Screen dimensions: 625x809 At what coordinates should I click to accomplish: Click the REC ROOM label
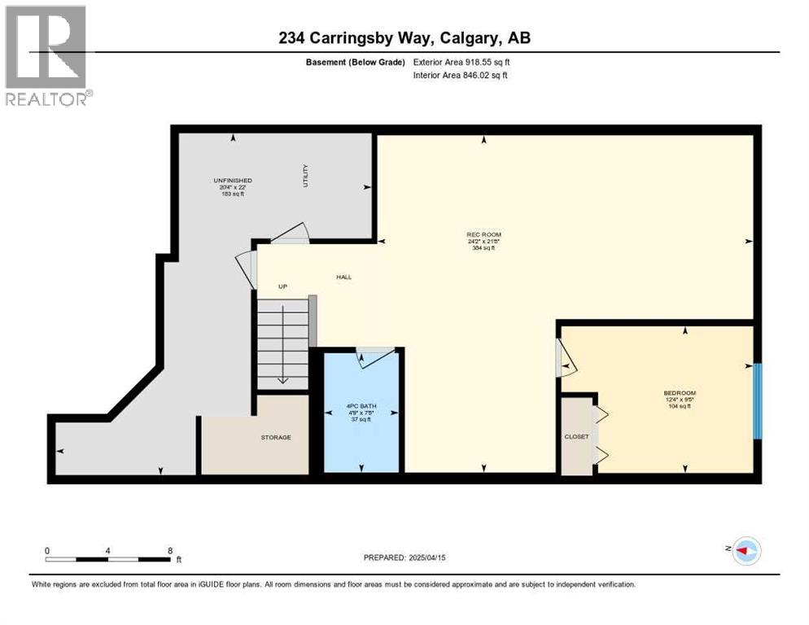pos(484,234)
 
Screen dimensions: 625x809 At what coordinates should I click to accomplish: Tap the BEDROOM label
pos(680,393)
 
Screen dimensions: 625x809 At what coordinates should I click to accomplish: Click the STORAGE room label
pos(276,438)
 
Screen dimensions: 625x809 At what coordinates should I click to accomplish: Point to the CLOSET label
pos(576,437)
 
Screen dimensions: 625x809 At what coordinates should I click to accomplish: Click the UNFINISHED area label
pos(232,180)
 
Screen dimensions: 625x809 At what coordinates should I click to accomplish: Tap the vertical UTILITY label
pos(306,175)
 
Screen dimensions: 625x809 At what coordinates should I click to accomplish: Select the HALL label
pos(344,278)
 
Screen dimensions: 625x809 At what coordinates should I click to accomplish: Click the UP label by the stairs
pos(282,286)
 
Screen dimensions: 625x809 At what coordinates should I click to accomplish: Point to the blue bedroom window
pos(757,400)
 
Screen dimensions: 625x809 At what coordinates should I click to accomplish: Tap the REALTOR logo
pos(46,55)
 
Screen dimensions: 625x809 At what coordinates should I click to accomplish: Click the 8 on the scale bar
pos(170,550)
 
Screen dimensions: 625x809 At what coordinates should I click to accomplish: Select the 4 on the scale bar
pos(108,550)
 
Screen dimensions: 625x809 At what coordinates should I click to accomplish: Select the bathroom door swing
pos(376,356)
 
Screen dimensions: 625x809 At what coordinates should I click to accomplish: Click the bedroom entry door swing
pos(565,359)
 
